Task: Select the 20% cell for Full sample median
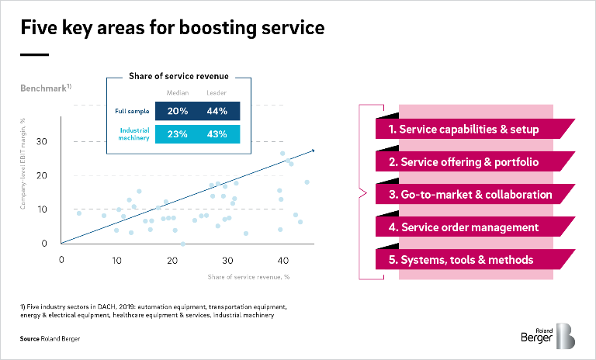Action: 178,111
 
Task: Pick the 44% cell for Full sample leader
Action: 217,111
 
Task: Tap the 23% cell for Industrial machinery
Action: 178,133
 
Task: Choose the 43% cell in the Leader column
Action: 217,133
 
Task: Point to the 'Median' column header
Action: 178,93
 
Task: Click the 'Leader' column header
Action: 217,93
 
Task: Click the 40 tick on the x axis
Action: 282,258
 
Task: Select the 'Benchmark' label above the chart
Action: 43,88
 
